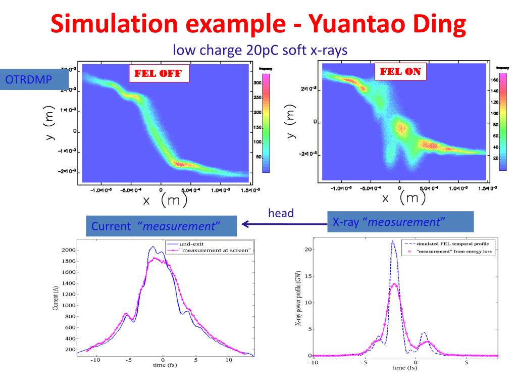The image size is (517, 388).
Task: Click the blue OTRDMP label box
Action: point(33,80)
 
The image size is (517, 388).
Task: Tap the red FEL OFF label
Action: point(159,73)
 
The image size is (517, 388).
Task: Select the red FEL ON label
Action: point(400,71)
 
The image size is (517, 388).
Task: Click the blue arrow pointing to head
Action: point(283,223)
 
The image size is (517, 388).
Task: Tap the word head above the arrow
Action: point(281,213)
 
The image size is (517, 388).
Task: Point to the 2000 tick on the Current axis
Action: point(68,250)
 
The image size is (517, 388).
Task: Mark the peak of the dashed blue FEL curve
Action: point(392,241)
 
